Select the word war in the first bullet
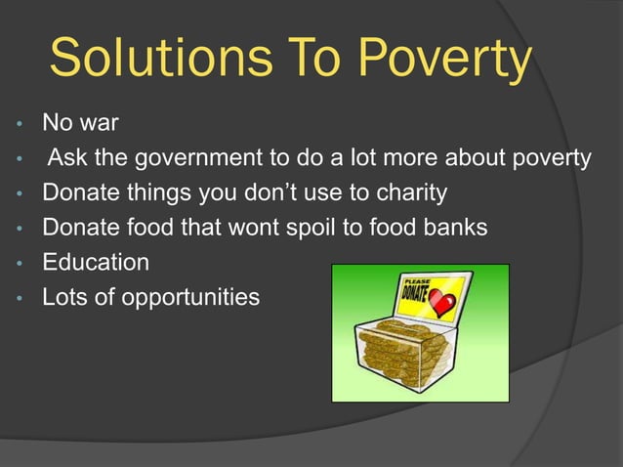[99, 124]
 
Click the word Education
[96, 262]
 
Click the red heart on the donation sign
[442, 305]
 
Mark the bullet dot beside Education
[17, 264]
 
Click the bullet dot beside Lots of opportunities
[17, 298]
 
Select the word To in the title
[305, 60]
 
